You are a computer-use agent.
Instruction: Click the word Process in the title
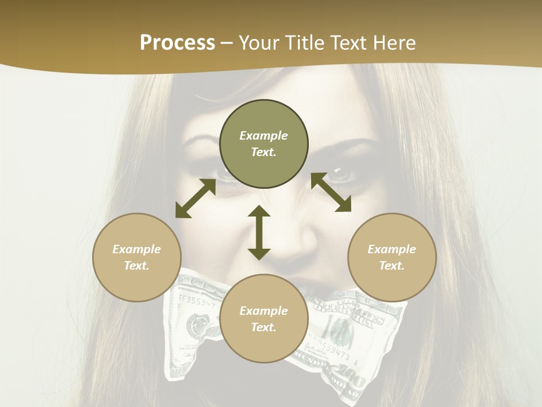[x=177, y=43]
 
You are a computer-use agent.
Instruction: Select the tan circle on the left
[x=137, y=283]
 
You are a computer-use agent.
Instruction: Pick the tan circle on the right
[x=392, y=283]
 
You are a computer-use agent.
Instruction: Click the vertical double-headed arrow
[x=259, y=232]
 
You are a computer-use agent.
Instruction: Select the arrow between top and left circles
[x=195, y=198]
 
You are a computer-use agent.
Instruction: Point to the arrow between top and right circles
[x=331, y=192]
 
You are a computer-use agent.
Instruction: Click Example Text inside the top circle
[x=264, y=144]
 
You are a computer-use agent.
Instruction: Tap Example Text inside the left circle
[x=137, y=257]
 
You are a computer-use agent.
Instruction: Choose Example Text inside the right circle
[x=392, y=257]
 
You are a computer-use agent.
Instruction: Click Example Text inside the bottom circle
[x=264, y=319]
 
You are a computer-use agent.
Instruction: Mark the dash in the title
[x=227, y=44]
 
